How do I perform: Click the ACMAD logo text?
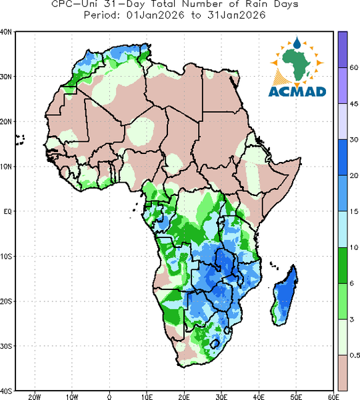tap(297, 92)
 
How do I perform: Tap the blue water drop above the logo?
tap(297, 43)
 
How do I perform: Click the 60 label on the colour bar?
tap(353, 67)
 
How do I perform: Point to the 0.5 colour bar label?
tap(355, 355)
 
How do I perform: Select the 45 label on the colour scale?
tap(353, 104)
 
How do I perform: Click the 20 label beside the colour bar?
tap(353, 176)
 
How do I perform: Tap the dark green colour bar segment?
tap(343, 265)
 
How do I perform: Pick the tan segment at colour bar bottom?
tap(343, 373)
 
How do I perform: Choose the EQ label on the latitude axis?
tap(7, 211)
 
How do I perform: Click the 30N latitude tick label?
tap(6, 77)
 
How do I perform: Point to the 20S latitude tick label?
tap(6, 301)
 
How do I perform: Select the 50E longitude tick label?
tap(296, 397)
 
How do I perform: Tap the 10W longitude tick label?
tap(72, 397)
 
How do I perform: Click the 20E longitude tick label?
tap(184, 397)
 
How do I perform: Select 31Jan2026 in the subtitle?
tap(236, 15)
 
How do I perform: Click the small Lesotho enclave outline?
tap(215, 343)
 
